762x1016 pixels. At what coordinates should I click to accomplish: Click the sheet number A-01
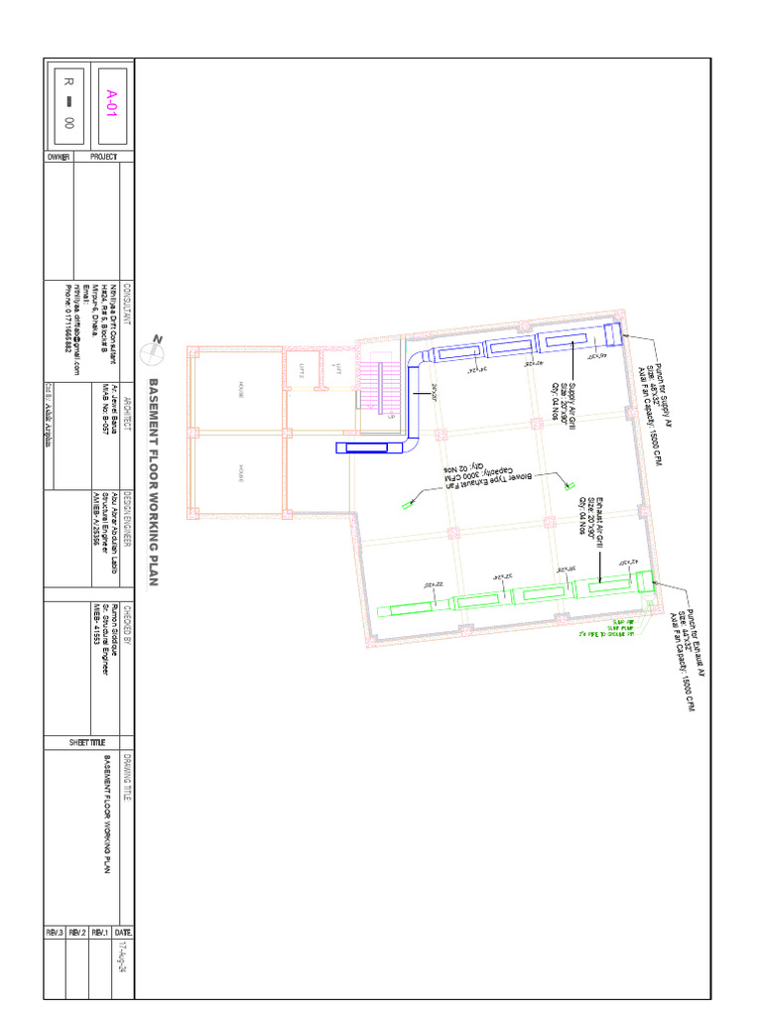click(112, 100)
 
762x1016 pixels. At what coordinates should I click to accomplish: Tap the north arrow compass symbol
click(155, 348)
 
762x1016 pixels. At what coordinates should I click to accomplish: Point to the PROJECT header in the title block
click(104, 157)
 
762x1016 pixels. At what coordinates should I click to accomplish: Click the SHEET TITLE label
click(87, 743)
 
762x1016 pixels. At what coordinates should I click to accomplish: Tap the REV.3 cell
click(55, 933)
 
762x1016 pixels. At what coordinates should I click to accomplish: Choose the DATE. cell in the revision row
click(123, 933)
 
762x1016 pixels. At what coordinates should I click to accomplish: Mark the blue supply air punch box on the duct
click(613, 333)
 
